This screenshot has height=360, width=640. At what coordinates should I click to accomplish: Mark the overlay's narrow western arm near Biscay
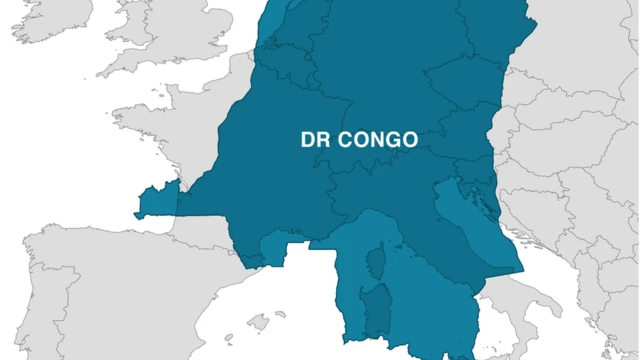tap(156, 200)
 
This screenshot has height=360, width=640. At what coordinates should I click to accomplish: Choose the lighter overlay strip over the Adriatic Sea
tap(470, 230)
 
